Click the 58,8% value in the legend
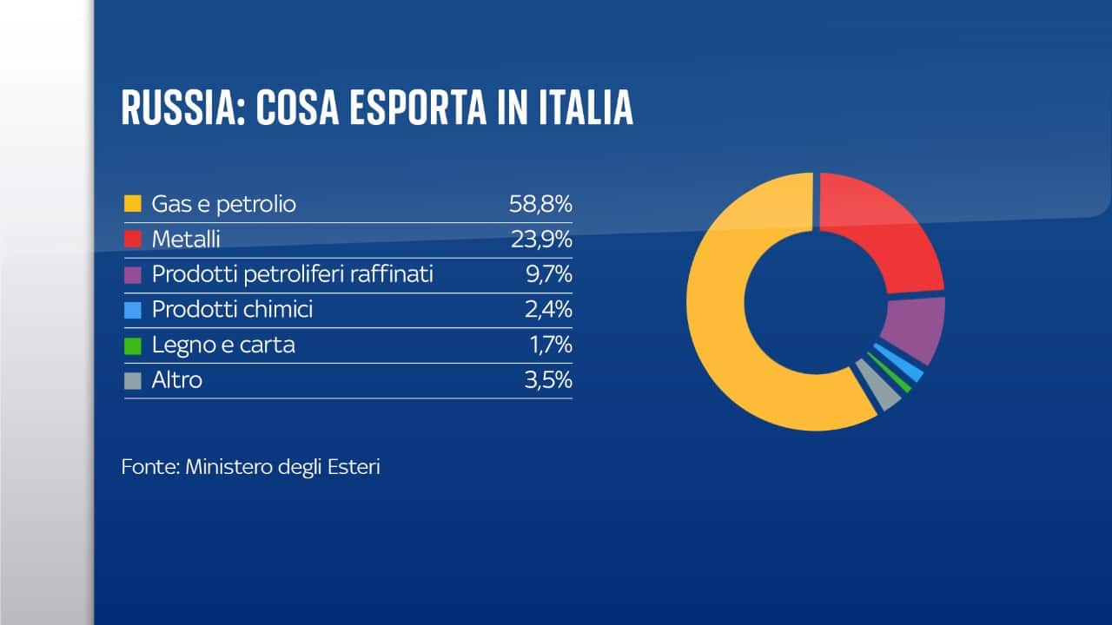[540, 204]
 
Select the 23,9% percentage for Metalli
[540, 240]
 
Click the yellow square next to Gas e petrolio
[133, 205]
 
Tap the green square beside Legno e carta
[133, 345]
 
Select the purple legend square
[133, 275]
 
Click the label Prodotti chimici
[232, 310]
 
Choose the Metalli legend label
[187, 240]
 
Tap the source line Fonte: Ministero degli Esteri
[251, 467]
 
